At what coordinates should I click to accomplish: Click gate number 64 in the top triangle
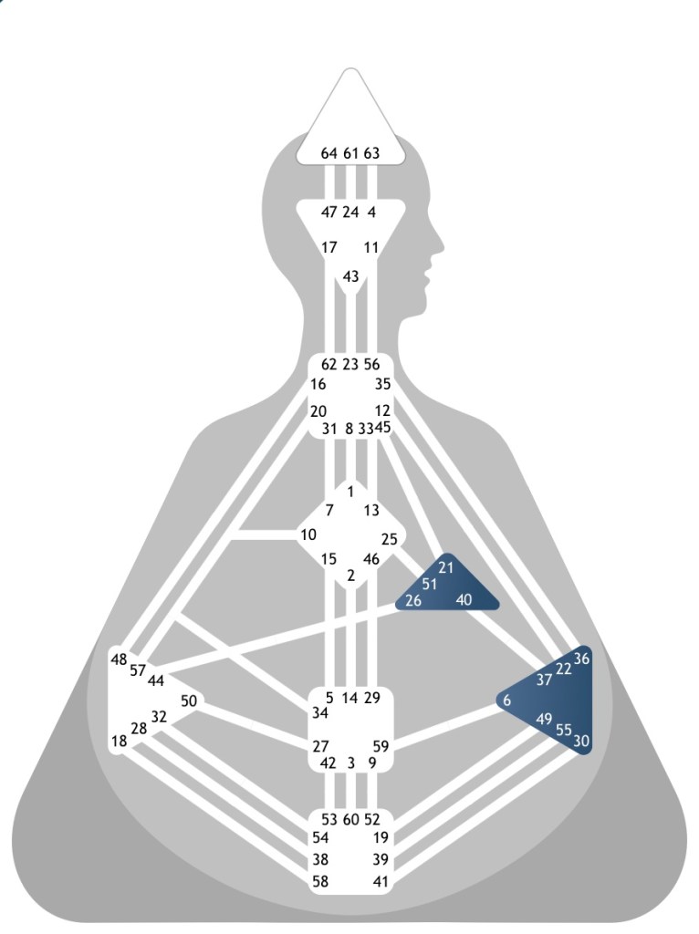coord(329,153)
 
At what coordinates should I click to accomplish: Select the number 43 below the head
coord(350,276)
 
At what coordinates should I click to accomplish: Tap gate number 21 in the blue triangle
coord(446,567)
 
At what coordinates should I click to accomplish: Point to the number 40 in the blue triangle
coord(464,599)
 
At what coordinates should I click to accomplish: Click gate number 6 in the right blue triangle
coord(506,700)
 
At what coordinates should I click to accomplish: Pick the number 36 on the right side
coord(581,659)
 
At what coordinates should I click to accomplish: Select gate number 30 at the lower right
coord(581,741)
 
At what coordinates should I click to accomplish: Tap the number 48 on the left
coord(119,659)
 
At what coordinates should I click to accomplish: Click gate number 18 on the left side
coord(119,741)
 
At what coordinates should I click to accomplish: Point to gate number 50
coord(189,700)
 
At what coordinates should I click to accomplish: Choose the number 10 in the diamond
coord(309,534)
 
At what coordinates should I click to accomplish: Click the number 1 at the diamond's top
coord(350,493)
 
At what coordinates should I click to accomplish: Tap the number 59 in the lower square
coord(381,745)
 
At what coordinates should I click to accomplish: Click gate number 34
coord(320,711)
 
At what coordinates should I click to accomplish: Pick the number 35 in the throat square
coord(382,384)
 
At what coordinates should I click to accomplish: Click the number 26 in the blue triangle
coord(413,600)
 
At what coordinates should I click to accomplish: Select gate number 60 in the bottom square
coord(350,818)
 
